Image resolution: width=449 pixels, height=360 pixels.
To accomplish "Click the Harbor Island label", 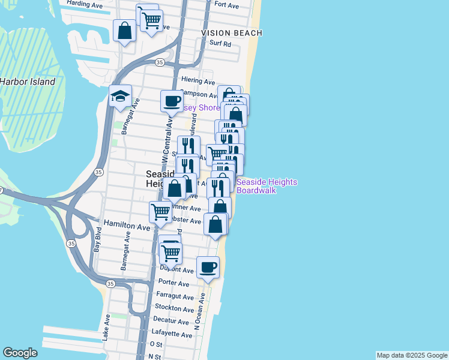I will (x=27, y=82).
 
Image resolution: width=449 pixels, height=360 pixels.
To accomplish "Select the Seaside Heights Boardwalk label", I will (x=267, y=186).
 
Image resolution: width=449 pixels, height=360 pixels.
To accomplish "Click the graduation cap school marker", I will (x=120, y=96).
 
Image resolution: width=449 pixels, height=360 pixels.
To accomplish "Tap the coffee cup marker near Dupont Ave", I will (x=208, y=267).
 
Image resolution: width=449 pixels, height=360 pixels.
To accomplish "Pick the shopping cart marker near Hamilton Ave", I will (x=160, y=212).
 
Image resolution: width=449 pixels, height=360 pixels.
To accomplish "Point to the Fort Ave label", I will (x=226, y=5).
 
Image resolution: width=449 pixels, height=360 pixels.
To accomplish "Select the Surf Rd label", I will (x=220, y=44).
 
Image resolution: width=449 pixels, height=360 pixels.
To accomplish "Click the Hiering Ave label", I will (x=197, y=81).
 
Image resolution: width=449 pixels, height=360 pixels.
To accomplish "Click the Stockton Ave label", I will (x=174, y=308).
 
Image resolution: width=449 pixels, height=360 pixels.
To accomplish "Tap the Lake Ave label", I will (x=106, y=328).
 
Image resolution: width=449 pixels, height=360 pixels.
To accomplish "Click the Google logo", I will (x=20, y=353).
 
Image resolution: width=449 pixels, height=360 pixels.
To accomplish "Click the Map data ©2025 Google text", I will (x=411, y=355).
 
